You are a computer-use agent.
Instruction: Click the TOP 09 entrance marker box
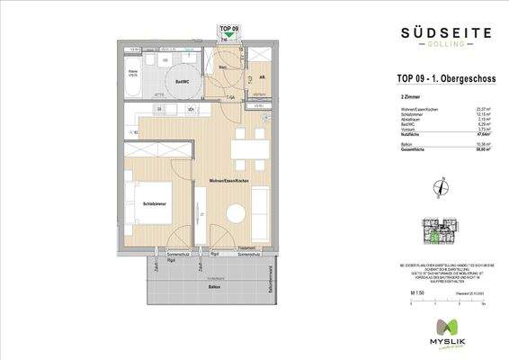[x=229, y=32]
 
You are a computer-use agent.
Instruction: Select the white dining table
[x=244, y=148]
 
